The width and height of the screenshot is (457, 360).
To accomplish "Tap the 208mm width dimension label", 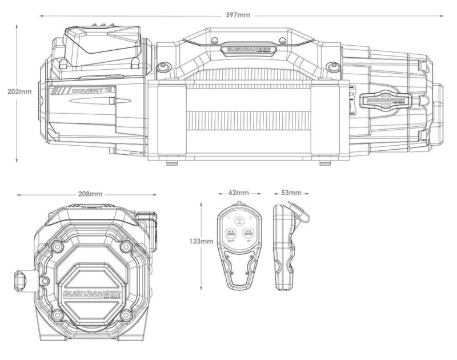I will pos(92,194).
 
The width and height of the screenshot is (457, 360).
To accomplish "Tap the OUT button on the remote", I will pos(231,235).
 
